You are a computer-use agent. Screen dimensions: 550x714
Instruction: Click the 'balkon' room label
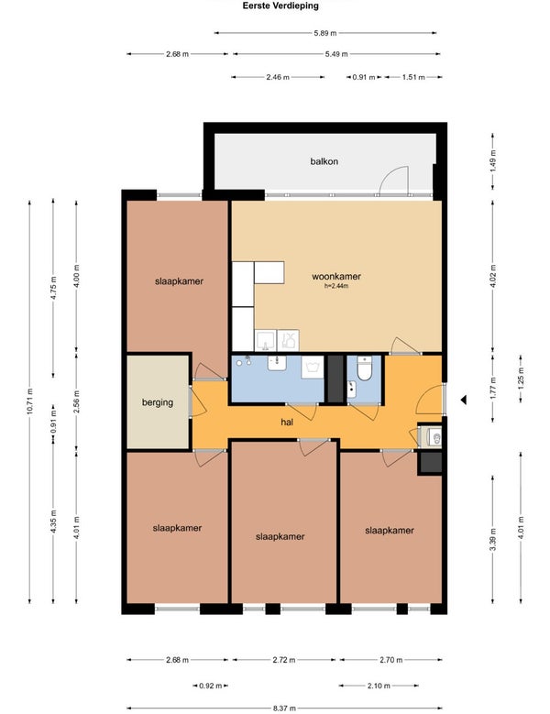324,161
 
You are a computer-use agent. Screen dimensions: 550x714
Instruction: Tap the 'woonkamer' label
336,277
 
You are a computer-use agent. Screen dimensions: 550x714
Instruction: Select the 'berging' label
158,402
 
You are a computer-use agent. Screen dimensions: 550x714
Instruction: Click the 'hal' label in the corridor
287,423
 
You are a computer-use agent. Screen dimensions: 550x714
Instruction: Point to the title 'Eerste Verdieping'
280,5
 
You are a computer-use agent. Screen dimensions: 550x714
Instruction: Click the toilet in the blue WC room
364,368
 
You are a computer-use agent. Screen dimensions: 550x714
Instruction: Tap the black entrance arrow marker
464,400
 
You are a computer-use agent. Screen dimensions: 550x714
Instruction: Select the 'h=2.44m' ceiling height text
336,286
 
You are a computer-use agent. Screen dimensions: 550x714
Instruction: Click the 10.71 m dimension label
30,401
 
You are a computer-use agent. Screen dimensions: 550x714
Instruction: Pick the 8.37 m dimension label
284,709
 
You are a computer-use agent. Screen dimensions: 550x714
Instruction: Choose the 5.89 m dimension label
325,33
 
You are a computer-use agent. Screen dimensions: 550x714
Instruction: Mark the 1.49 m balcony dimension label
492,160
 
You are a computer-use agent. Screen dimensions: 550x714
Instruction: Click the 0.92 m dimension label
211,686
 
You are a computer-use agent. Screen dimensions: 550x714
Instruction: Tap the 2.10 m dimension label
379,686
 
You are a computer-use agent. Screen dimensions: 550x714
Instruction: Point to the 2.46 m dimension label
278,77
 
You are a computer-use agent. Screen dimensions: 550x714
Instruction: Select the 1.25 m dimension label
521,378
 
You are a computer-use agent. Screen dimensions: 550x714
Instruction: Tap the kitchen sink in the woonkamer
266,340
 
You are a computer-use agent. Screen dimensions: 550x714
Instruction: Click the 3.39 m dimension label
492,539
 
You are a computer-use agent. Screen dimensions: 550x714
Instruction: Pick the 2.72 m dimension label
284,660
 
